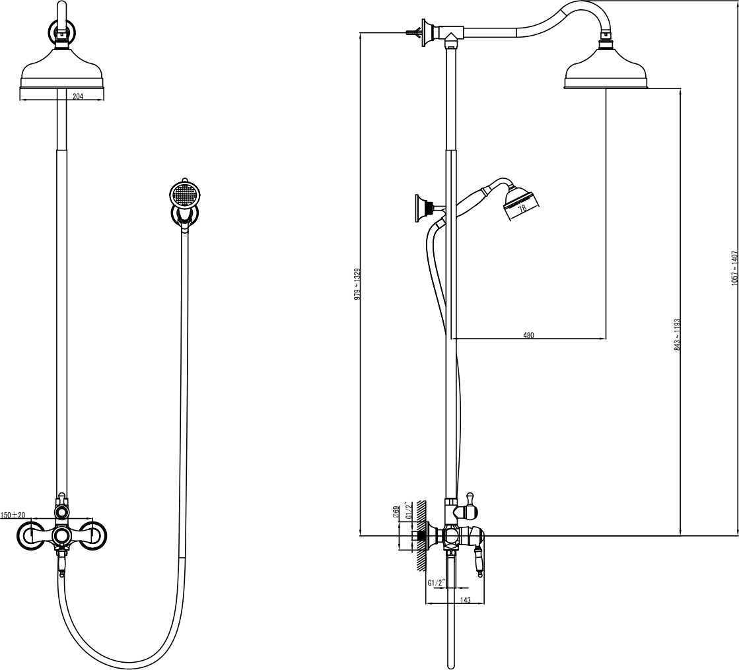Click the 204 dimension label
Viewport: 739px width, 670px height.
78,96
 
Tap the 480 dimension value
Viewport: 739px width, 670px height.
529,335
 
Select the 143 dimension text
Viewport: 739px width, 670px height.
465,600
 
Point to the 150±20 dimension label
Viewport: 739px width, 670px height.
13,515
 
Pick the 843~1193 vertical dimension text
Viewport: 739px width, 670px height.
678,335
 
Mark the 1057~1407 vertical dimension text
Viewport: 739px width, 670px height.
734,268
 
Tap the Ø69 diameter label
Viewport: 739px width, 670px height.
396,512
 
